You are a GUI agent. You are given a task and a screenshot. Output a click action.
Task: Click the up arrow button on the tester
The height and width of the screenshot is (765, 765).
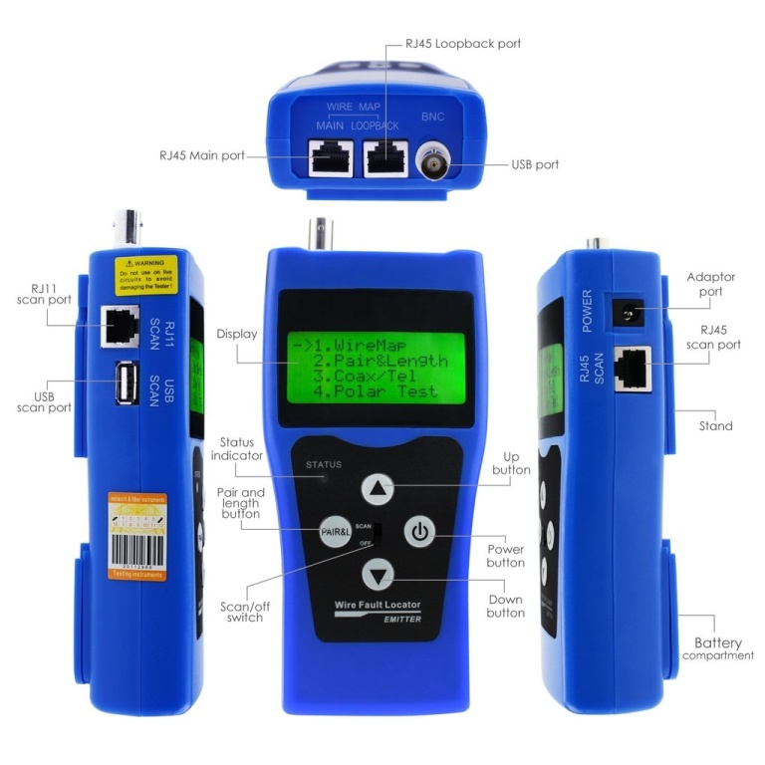coord(378,488)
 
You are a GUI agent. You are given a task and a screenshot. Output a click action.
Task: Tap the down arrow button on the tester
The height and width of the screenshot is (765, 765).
coord(378,575)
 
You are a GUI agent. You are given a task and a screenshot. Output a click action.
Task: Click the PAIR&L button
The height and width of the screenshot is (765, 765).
coord(336,532)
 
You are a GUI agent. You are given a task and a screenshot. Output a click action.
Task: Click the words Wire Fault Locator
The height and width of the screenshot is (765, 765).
coord(379,606)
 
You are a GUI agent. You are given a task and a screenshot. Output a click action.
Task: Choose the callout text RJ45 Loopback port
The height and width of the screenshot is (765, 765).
coord(462,44)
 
